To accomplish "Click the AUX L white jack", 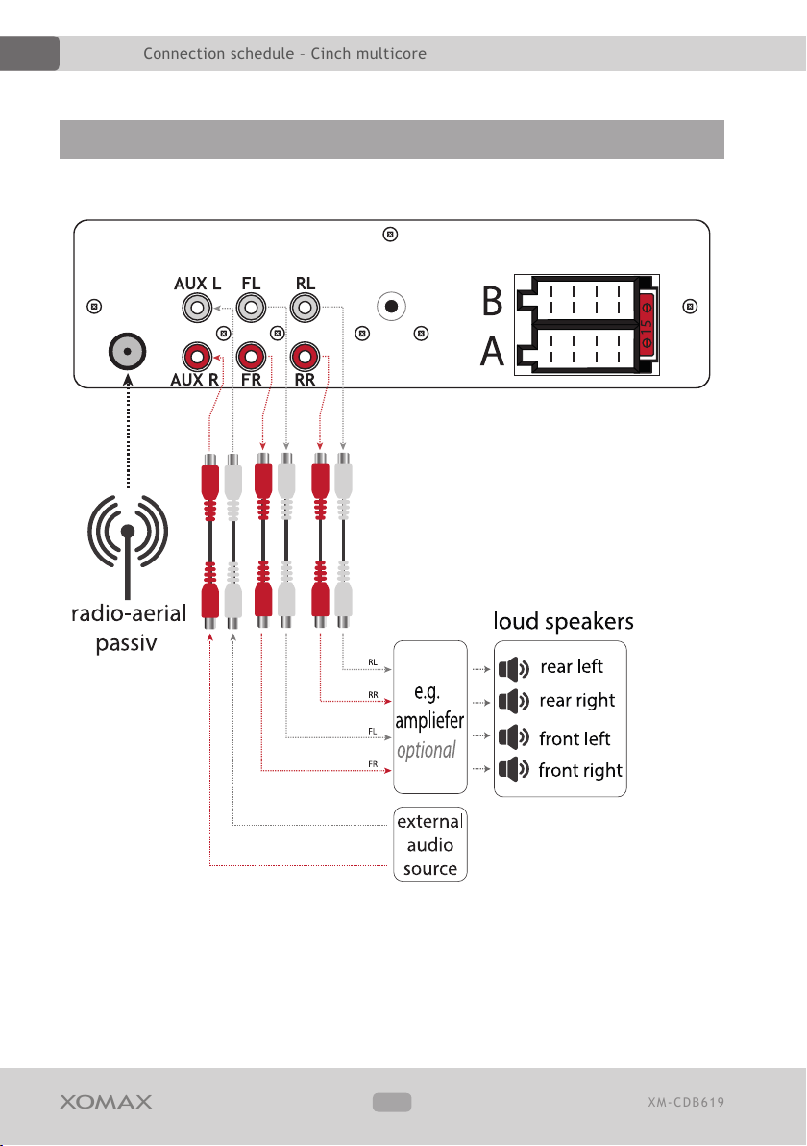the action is [197, 308].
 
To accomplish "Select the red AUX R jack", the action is [197, 358].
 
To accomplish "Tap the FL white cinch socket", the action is [252, 308].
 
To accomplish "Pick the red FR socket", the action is [252, 358].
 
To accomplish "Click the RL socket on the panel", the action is [306, 308].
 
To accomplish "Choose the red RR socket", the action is [306, 358].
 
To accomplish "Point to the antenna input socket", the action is [128, 352].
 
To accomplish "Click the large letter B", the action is [492, 301].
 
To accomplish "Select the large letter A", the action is [492, 351].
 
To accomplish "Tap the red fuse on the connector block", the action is [647, 325].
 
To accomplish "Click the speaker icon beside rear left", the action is [514, 668].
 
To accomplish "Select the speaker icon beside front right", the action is [514, 769].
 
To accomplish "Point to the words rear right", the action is [577, 701].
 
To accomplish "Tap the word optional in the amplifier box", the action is [427, 751].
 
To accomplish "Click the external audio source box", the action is [430, 844].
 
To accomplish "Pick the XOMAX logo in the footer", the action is [106, 1102].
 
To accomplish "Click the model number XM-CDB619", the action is [686, 1102].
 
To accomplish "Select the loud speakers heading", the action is [563, 621].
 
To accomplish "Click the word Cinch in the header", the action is [330, 53].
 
